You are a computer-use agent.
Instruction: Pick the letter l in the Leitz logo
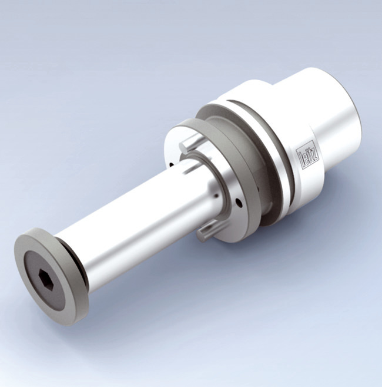point(301,160)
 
